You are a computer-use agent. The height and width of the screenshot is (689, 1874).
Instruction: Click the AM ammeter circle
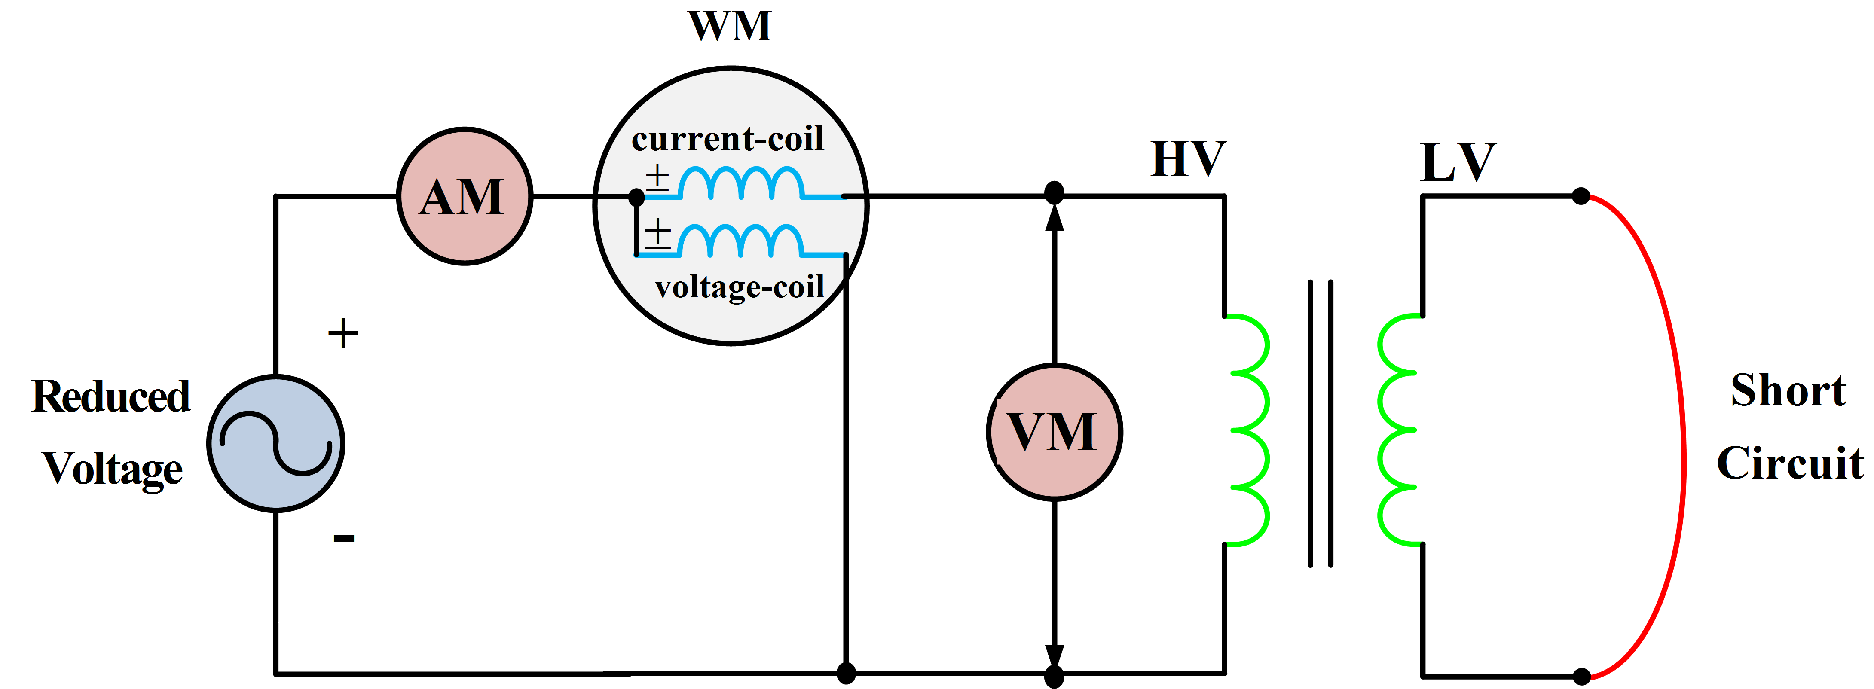[x=464, y=196]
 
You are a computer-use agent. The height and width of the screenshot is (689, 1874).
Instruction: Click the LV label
[x=1457, y=162]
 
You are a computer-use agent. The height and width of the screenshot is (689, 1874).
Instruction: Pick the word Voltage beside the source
[x=112, y=469]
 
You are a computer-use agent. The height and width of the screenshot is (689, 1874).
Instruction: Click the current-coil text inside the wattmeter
[x=728, y=138]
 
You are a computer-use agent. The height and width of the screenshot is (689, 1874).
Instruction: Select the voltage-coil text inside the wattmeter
[x=739, y=287]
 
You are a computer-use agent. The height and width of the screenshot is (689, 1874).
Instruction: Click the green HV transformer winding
[x=1250, y=429]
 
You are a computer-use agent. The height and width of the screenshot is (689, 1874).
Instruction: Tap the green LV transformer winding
[x=1397, y=429]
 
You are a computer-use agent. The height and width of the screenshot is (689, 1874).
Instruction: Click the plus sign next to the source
[x=342, y=333]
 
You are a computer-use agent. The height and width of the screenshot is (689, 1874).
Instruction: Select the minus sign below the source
[x=343, y=538]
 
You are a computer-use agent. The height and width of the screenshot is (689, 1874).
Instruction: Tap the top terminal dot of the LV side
[x=1580, y=196]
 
